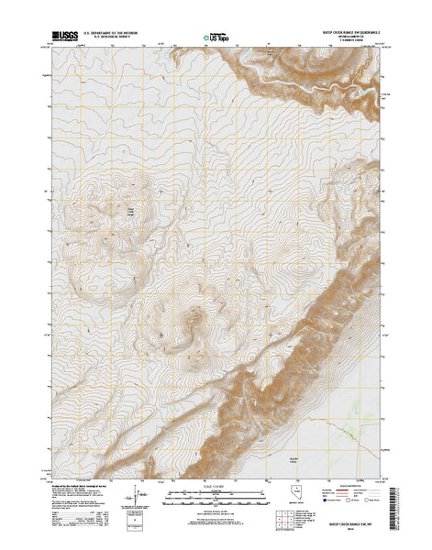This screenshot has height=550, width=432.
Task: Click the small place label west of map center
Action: pyautogui.click(x=129, y=214)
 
